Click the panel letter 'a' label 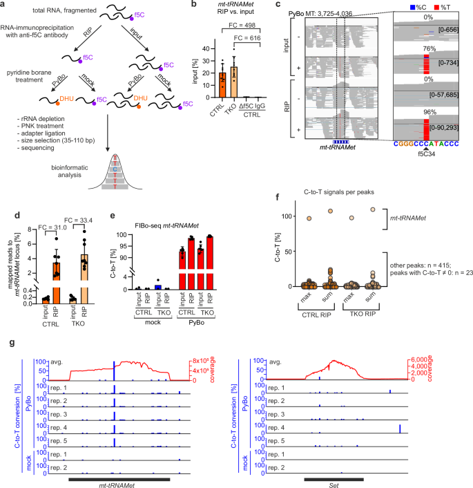click(x=4, y=5)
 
